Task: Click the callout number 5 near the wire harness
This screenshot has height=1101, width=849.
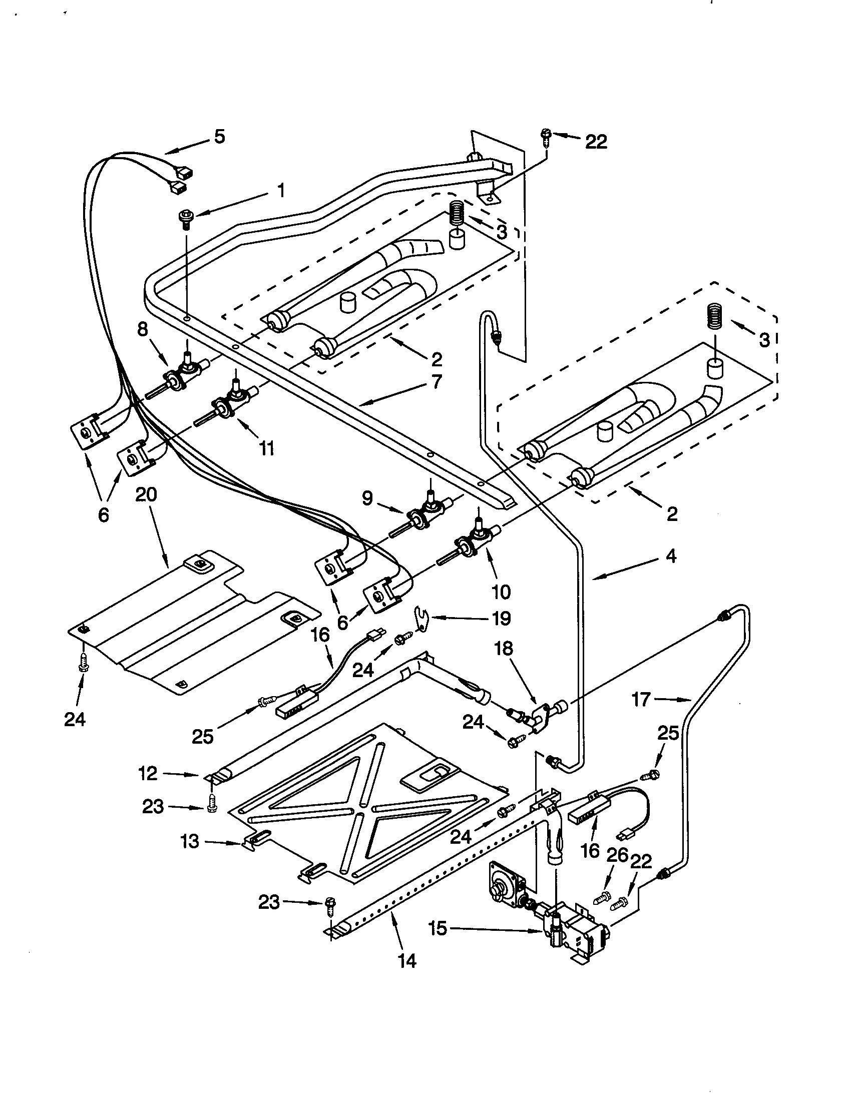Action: point(219,137)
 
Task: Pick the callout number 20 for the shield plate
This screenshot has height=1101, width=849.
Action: point(146,494)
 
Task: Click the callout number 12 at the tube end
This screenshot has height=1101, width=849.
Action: point(148,773)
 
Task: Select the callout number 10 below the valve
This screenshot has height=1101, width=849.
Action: point(501,592)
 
